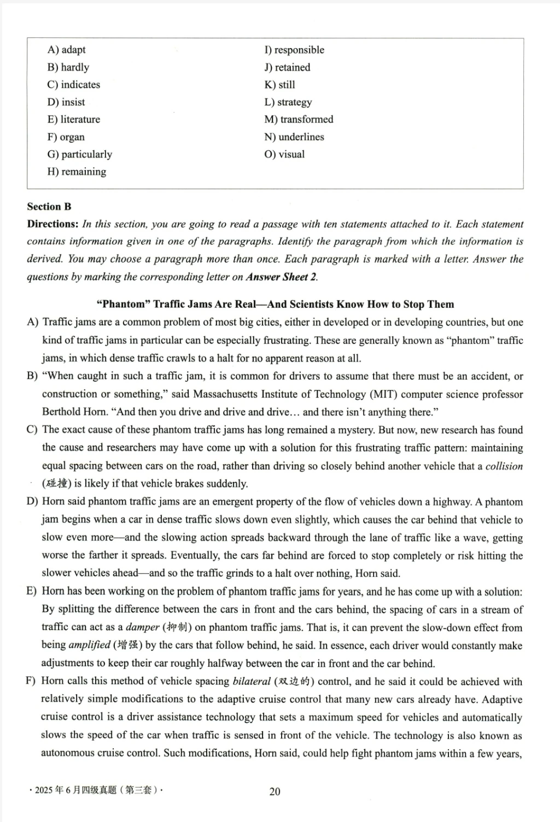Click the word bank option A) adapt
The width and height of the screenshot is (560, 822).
(x=66, y=50)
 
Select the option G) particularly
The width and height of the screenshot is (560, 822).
(x=79, y=154)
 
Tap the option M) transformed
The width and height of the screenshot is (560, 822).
(x=299, y=119)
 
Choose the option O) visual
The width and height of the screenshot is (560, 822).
(x=284, y=154)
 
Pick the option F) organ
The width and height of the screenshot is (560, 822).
(x=66, y=137)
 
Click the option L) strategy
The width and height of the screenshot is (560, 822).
(x=288, y=102)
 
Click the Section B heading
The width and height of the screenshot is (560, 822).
(x=49, y=207)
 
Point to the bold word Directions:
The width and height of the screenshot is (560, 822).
(x=53, y=224)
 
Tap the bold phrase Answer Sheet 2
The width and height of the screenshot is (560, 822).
(x=281, y=277)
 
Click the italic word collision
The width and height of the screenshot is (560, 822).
(x=504, y=466)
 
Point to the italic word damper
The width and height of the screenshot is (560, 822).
(x=143, y=627)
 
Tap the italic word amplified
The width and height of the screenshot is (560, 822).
(x=90, y=645)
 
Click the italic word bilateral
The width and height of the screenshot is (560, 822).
(x=252, y=681)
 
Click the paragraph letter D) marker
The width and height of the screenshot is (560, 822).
(x=32, y=502)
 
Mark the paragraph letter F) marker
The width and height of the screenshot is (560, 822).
(x=31, y=681)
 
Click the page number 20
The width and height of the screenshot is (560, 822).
(x=275, y=791)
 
